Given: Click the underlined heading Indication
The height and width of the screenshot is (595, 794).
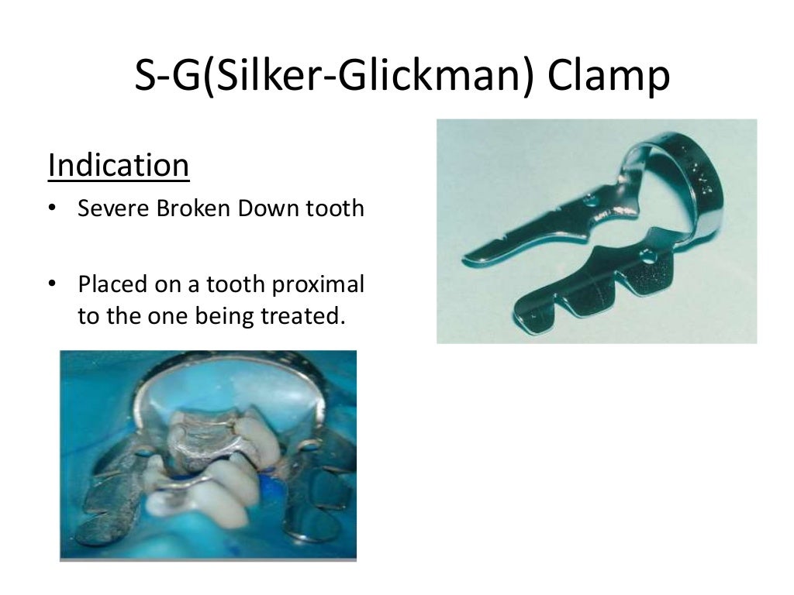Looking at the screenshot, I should coord(118,166).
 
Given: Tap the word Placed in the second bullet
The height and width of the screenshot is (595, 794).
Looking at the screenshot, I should coord(109,284).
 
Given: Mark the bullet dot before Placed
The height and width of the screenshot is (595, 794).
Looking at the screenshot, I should coord(52,285).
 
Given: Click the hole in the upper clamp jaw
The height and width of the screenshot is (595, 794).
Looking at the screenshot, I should coord(594,199).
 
